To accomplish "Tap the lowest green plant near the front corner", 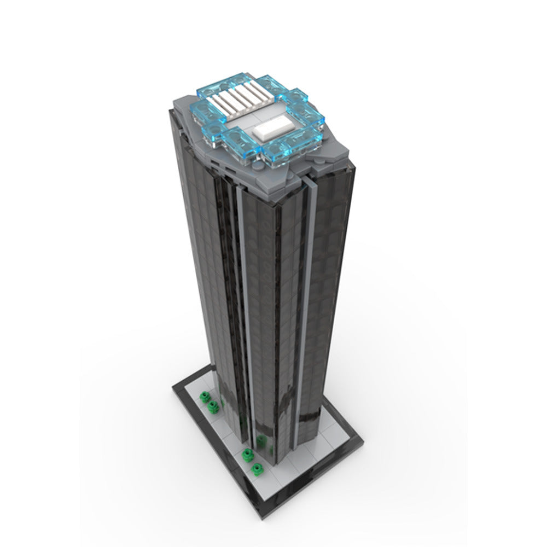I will point(256,469).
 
